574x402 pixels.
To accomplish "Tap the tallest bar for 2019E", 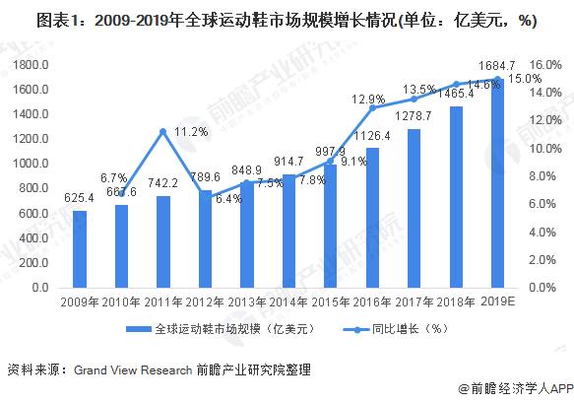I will (x=498, y=182).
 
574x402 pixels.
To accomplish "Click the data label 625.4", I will (x=80, y=199).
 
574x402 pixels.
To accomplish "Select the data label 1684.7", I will (x=497, y=65).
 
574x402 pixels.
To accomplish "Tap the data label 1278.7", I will (x=414, y=117).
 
